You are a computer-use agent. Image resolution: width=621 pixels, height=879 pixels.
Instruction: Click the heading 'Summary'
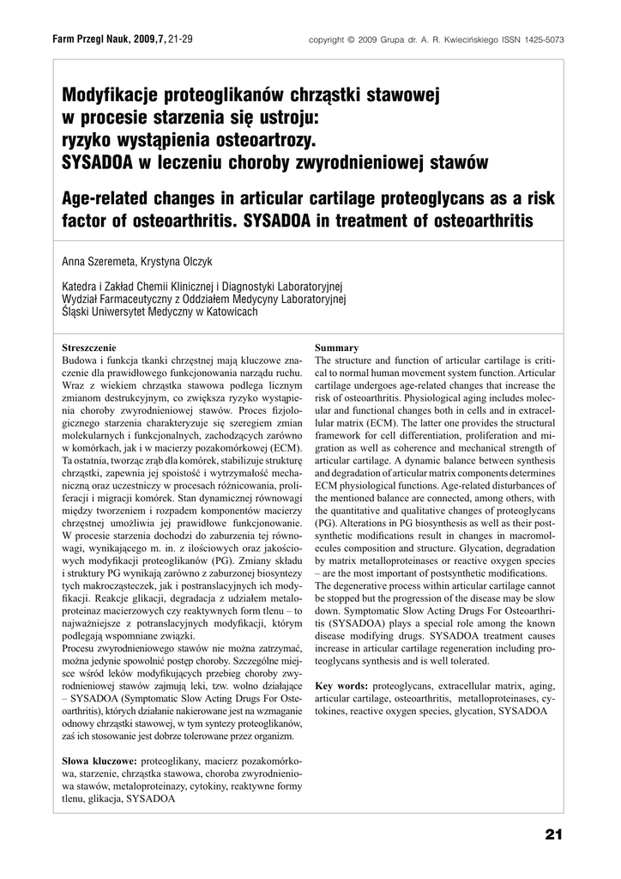[337, 348]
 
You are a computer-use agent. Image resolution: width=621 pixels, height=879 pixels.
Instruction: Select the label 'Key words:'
[342, 687]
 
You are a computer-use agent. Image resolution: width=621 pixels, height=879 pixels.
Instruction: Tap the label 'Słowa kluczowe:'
[99, 761]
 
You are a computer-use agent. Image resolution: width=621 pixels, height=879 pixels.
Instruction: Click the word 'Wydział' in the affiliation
[81, 299]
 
